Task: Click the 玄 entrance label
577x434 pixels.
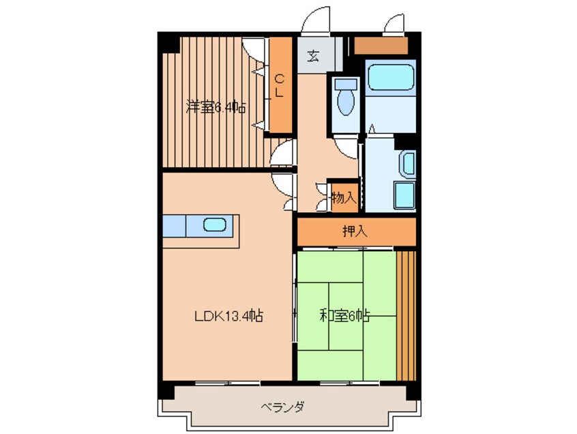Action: click(x=312, y=55)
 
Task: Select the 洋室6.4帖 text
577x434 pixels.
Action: click(x=216, y=107)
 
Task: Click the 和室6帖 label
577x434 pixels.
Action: click(x=345, y=316)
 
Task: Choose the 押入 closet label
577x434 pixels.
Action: click(x=355, y=231)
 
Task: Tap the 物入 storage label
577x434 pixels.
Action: click(x=343, y=198)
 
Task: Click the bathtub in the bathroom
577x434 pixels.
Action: click(x=390, y=77)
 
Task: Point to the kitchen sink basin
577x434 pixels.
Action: click(x=216, y=225)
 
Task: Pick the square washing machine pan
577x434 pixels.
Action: click(x=403, y=197)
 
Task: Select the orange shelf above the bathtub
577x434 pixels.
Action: click(x=381, y=45)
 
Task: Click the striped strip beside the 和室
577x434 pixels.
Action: click(x=405, y=315)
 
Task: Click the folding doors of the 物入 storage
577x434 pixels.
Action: click(x=323, y=198)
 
